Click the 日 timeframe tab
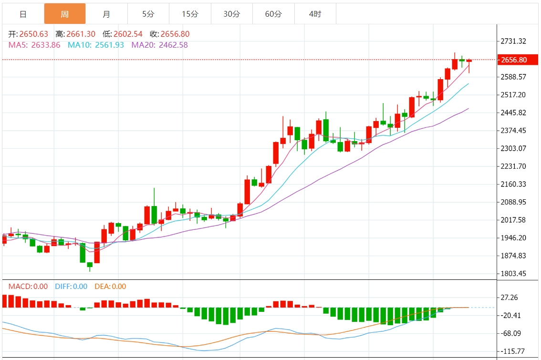coord(23,14)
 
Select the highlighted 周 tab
coord(65,14)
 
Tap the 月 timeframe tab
coord(106,14)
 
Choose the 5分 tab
coord(148,14)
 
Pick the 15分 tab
coord(190,14)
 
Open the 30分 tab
coord(232,14)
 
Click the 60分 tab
coord(273,14)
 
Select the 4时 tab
coord(315,14)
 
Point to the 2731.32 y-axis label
coord(513,41)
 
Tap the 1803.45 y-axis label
coord(513,273)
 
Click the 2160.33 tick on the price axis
coord(513,184)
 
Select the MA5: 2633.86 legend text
coord(34,45)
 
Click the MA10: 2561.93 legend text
coord(95,45)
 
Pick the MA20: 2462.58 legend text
coord(159,45)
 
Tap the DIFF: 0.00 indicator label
coord(71,287)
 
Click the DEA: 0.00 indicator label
coord(110,287)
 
